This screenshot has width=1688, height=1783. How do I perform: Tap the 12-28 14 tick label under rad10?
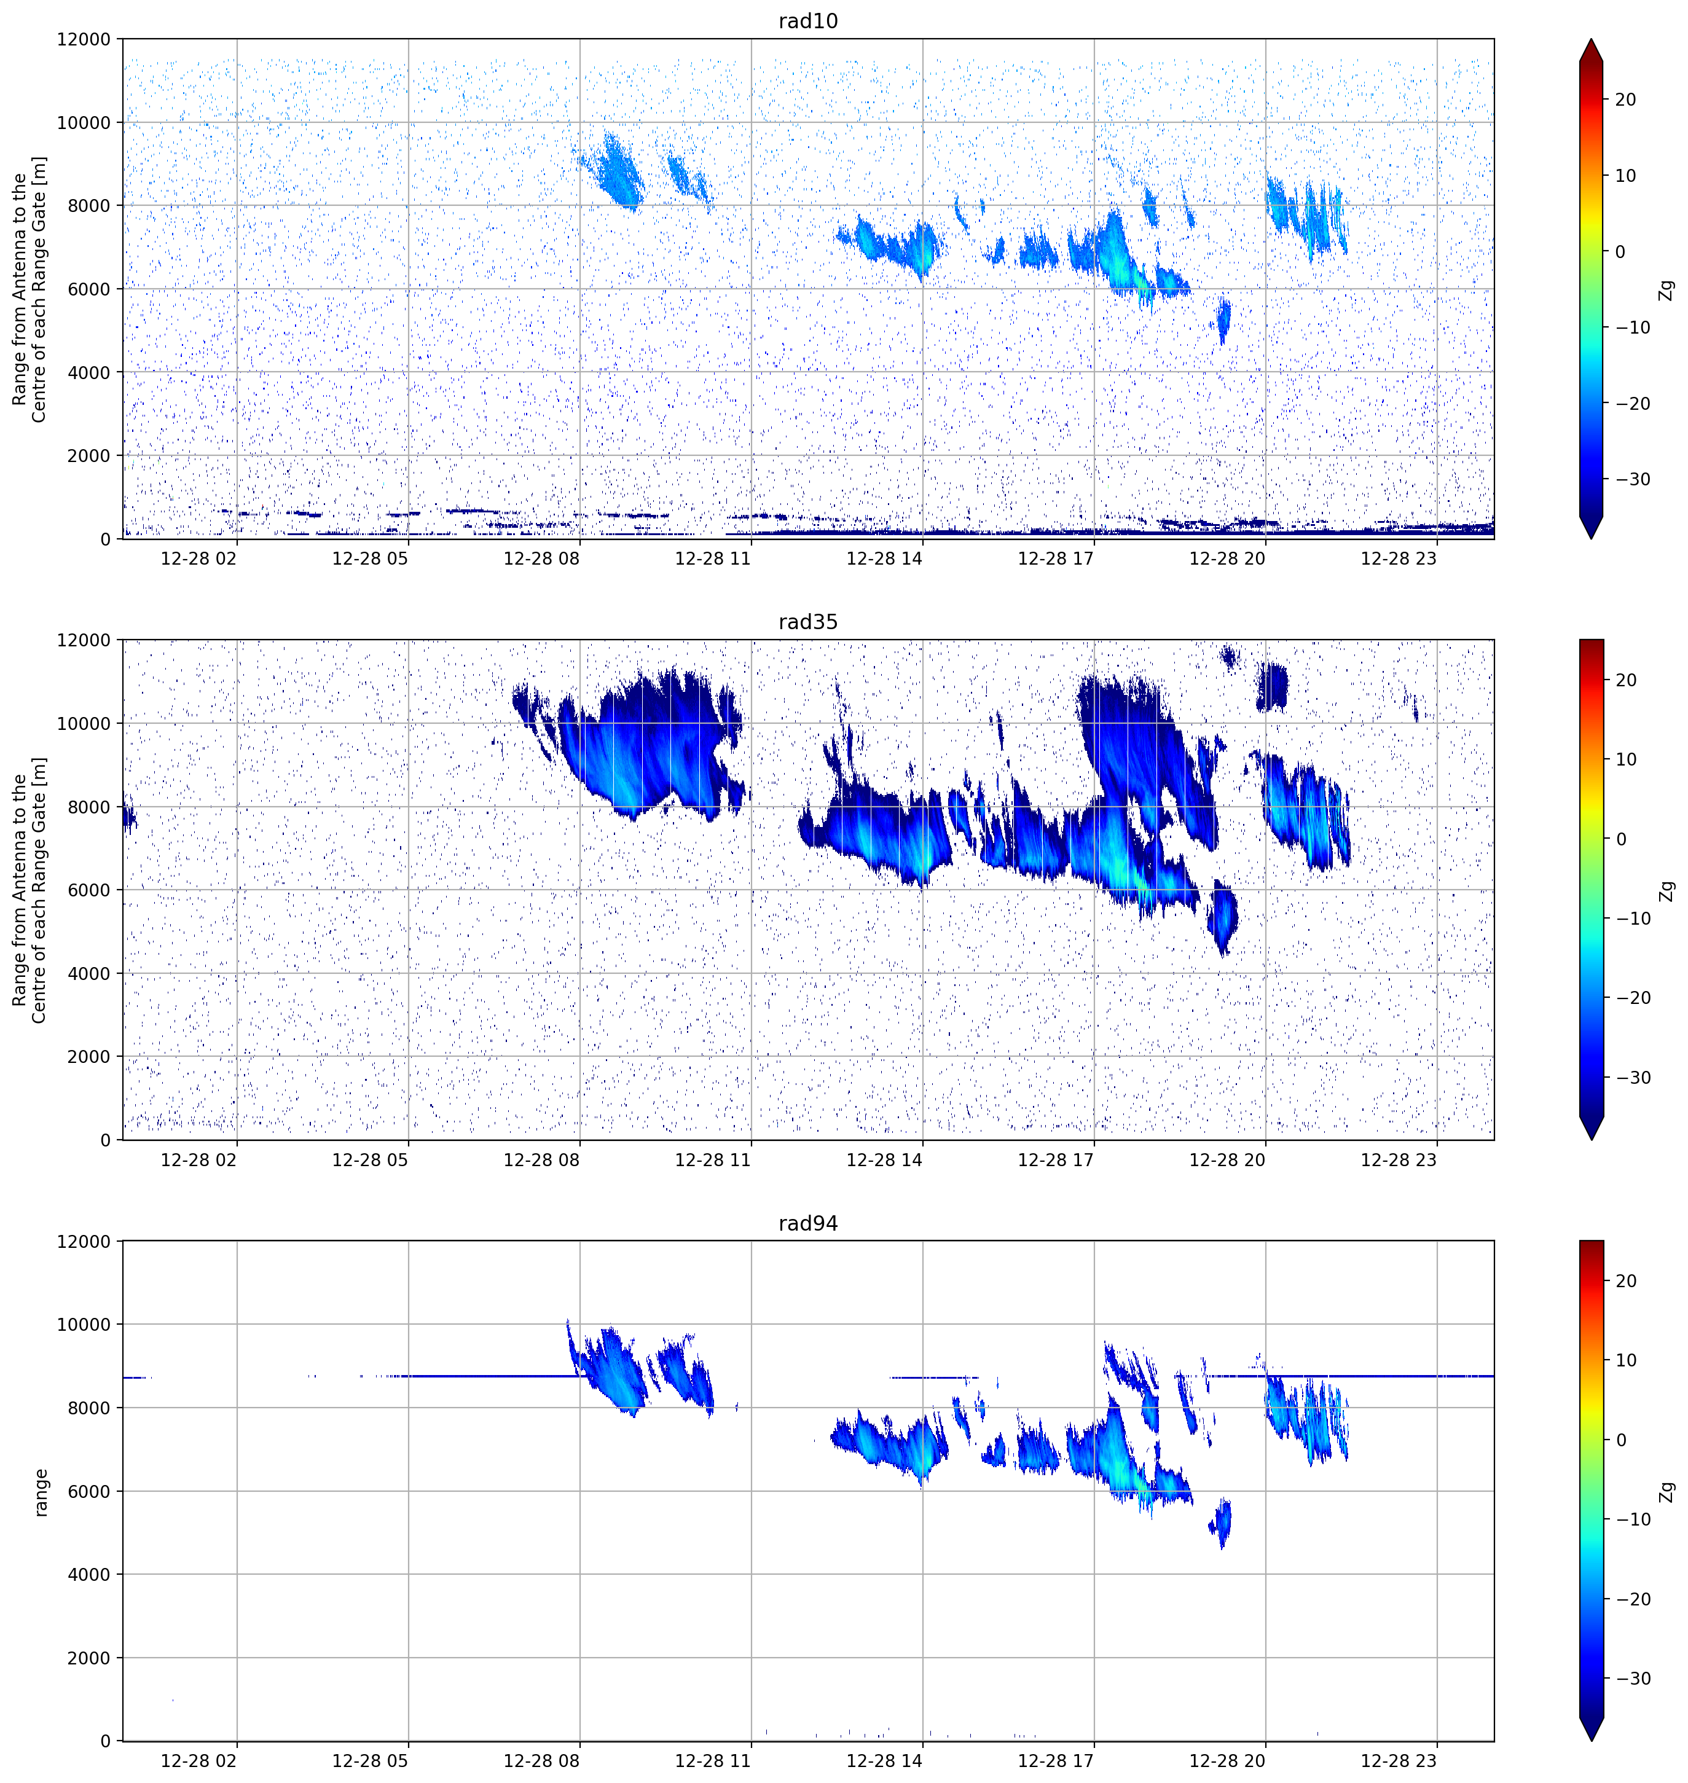click(x=884, y=558)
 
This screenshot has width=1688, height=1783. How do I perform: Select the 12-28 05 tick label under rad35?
click(x=370, y=1159)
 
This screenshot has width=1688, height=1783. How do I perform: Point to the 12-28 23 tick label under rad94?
click(x=1399, y=1760)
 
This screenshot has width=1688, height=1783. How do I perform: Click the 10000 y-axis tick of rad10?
click(x=84, y=122)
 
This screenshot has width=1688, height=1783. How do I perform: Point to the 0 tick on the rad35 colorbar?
click(x=1620, y=839)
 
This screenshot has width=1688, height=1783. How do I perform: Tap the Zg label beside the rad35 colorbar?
click(x=1666, y=891)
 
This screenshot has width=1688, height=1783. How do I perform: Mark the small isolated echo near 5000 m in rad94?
click(x=1221, y=1522)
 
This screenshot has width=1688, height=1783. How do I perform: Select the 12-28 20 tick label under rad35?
click(x=1227, y=1159)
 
